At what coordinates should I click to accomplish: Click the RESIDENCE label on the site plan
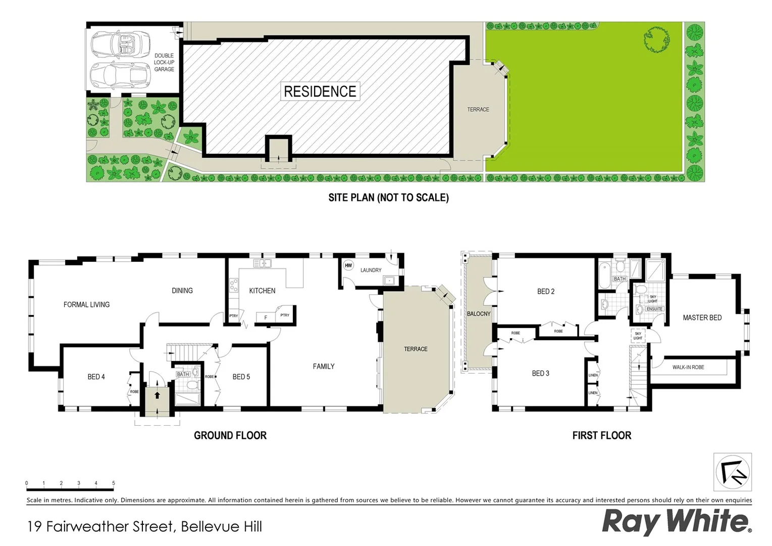click(x=320, y=92)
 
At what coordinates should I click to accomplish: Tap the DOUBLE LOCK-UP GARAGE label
click(x=164, y=63)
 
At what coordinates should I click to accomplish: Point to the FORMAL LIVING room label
click(x=86, y=305)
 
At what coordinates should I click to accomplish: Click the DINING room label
click(x=182, y=291)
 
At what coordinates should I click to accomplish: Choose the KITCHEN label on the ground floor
click(x=262, y=291)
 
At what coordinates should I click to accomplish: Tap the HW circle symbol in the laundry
click(x=348, y=265)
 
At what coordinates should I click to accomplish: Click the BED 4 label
click(x=96, y=377)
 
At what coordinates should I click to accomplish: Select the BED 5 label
click(x=241, y=377)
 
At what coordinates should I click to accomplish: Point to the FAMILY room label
click(x=324, y=367)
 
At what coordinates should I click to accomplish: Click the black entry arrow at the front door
click(x=157, y=395)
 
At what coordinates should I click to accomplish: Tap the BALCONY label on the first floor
click(x=479, y=314)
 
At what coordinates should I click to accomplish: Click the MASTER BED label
click(x=702, y=317)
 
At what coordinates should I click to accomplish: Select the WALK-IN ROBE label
click(x=688, y=367)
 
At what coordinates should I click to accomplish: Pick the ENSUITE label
click(x=654, y=309)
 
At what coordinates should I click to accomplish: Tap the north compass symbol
click(x=733, y=472)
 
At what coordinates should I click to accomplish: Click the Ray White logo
click(x=677, y=522)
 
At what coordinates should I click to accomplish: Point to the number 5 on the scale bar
click(x=114, y=483)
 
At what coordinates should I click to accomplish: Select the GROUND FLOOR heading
click(x=230, y=435)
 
